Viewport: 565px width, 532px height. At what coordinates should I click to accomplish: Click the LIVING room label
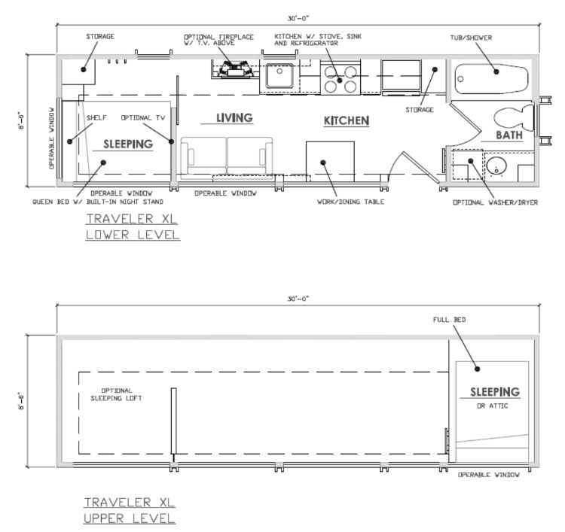point(234,117)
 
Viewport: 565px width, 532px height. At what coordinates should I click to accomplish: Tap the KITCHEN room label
point(347,120)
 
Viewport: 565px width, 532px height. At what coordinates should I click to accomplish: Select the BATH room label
point(509,135)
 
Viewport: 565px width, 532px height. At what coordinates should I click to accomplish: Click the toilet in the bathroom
point(514,117)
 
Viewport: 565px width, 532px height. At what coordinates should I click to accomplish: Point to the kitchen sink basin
point(279,75)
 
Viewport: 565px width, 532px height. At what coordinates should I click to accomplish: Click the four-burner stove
point(341,80)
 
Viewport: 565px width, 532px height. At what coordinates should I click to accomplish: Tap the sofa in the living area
point(226,158)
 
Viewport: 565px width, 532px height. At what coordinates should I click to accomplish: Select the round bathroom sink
point(496,167)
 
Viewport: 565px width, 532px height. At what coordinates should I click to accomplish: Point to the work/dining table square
point(330,162)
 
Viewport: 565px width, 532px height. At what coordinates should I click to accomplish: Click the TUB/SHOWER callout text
point(471,38)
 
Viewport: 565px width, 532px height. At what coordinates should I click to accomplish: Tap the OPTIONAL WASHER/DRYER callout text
point(495,202)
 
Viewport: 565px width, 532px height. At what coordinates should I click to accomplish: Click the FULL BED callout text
point(449,320)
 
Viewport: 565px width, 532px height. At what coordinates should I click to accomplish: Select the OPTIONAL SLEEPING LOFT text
point(116,394)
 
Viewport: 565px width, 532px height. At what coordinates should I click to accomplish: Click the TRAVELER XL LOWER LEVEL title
point(133,226)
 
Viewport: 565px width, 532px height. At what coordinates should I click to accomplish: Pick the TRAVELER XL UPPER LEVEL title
point(130,510)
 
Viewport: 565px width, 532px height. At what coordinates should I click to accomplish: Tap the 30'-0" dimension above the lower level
point(298,18)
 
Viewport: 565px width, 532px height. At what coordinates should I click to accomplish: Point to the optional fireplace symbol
point(235,69)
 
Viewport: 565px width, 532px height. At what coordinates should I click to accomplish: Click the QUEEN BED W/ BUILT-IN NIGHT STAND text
point(98,202)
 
